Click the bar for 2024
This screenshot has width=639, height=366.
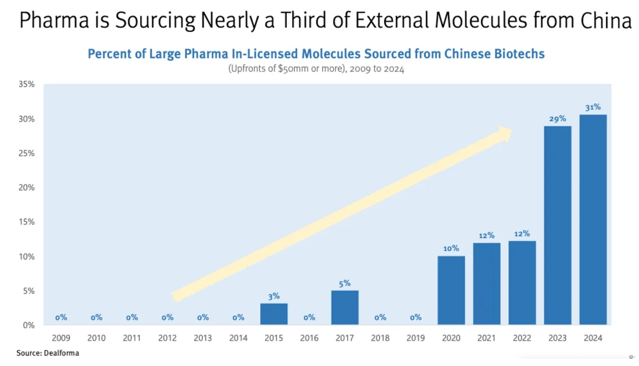pos(593,219)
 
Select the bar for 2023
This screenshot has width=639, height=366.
pos(557,225)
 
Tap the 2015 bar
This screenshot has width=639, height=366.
pos(274,314)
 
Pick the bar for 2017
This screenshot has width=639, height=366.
pos(345,307)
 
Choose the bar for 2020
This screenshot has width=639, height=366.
pos(451,290)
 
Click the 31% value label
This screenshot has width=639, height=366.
pos(593,107)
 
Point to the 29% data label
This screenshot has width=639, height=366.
pos(557,119)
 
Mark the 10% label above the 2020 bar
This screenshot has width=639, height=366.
pos(451,248)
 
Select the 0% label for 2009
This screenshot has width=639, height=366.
pos(61,318)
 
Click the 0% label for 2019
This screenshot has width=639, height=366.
pos(416,318)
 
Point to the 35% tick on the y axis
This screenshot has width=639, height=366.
pos(27,85)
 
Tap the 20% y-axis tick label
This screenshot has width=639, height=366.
pos(27,187)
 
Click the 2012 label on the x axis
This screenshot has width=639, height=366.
pos(167,338)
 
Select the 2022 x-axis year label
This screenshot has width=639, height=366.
pos(522,338)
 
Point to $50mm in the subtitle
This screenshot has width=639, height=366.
pos(290,69)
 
